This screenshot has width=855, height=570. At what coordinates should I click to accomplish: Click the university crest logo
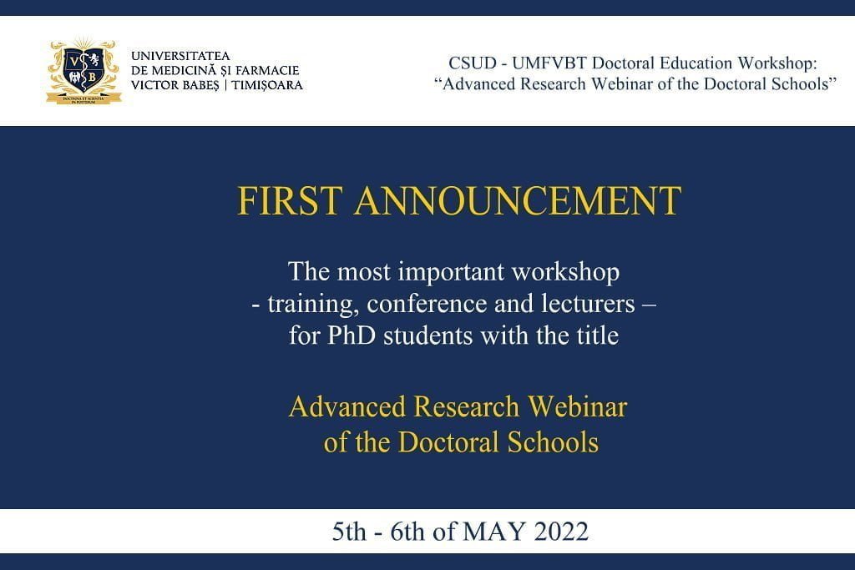point(83,71)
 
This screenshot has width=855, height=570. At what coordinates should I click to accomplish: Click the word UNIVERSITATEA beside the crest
point(180,56)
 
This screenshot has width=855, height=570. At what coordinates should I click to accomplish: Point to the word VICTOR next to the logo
point(154,86)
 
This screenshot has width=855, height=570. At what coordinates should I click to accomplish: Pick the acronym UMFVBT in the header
point(549,63)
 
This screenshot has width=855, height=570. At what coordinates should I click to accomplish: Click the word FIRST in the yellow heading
point(290,200)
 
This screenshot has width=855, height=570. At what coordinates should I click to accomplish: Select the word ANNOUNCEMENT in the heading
point(518,200)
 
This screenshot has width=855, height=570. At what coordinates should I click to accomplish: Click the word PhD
point(352,335)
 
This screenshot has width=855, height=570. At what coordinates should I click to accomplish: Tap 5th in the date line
point(350,532)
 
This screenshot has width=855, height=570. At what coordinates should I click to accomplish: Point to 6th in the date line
point(407,532)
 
